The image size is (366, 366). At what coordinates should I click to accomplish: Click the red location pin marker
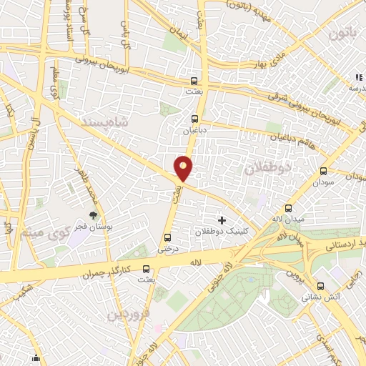pos(184,169)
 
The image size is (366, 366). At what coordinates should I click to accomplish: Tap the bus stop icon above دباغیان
pos(195,119)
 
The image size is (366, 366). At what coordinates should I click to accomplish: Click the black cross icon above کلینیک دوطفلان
pos(222,220)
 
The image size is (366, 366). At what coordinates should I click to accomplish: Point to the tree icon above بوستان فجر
pos(92,214)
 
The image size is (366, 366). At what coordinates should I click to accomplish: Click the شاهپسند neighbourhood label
pos(109,122)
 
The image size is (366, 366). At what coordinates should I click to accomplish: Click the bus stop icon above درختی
pos(168,237)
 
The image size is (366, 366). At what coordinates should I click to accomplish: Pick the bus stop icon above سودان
pos(323,172)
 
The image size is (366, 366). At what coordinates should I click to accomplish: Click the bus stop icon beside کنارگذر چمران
pos(147,269)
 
